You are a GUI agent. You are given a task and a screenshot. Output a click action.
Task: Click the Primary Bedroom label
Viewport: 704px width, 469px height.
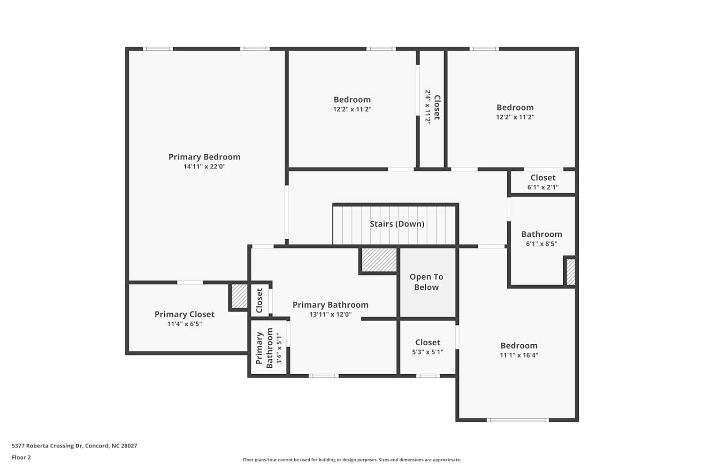pos(204,157)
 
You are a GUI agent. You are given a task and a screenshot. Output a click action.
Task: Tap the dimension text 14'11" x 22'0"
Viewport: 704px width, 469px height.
pos(204,166)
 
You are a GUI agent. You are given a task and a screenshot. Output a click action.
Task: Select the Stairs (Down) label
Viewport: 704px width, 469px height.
pos(397,224)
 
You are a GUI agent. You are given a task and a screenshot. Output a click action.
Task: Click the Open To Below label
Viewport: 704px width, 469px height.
pos(426,282)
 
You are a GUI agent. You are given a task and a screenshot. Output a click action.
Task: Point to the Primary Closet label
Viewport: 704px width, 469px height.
pos(184,314)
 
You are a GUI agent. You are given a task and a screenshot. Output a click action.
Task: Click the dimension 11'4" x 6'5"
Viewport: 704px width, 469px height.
pos(184,324)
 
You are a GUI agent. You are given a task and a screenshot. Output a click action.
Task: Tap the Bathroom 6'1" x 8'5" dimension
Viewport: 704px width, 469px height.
pos(542,244)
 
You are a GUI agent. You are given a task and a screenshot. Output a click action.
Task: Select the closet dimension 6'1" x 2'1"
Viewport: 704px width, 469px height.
pos(543,187)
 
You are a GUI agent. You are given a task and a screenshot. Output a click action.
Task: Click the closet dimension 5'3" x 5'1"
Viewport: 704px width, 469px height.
pos(428,352)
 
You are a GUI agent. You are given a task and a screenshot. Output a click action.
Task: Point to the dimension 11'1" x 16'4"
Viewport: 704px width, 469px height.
pos(519,356)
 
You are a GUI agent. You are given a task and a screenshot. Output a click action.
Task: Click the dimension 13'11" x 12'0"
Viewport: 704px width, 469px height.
pos(330,314)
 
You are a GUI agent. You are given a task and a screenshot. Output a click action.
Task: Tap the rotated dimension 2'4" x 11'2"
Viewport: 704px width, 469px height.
pos(428,107)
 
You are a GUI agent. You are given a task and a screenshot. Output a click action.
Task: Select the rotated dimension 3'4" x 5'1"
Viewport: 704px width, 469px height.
pos(279,348)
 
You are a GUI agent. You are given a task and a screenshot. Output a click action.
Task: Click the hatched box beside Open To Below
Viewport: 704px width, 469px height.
pos(379,260)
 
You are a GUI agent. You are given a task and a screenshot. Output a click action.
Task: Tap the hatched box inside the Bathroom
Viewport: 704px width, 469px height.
pos(571,272)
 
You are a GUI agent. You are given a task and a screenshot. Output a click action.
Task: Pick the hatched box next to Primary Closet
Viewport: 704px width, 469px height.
pos(239,296)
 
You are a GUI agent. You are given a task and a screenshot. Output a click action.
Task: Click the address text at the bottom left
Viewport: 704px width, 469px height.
pos(75,446)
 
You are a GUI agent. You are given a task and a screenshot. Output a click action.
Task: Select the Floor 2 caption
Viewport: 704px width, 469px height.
pos(22,457)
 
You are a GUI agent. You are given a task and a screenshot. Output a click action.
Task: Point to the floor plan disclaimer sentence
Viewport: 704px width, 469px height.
pos(352,460)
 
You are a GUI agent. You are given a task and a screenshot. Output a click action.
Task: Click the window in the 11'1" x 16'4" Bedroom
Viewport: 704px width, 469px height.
pos(518,420)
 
